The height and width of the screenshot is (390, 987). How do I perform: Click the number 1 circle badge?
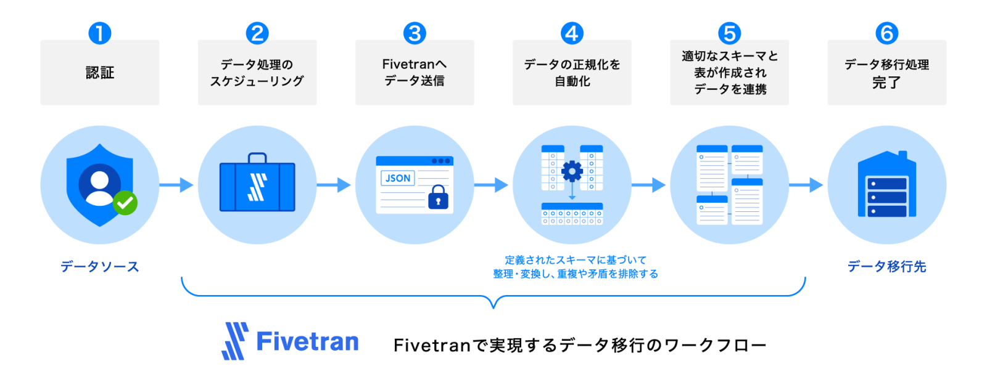[x=99, y=33]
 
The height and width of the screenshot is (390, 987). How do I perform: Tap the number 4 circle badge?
[x=572, y=33]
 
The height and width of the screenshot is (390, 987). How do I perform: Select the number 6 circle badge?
[x=886, y=33]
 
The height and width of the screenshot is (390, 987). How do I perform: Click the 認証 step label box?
[x=99, y=73]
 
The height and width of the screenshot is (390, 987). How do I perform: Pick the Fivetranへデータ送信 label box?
[x=415, y=73]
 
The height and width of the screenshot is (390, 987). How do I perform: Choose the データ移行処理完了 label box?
[x=886, y=73]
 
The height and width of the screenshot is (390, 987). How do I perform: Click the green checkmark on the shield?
[x=125, y=202]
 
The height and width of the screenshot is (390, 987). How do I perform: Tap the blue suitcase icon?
[x=257, y=186]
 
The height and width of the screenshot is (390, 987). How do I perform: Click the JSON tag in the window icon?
[x=398, y=178]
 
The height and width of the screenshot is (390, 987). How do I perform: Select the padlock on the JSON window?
[x=438, y=197]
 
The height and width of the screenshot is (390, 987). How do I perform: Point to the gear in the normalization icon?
[x=572, y=171]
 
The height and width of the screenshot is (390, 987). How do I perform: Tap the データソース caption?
[x=99, y=267]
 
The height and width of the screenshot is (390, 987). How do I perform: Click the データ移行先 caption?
[x=886, y=267]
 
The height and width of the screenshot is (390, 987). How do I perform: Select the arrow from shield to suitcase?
[x=177, y=185]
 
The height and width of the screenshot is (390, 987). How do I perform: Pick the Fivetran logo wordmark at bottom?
[x=307, y=341]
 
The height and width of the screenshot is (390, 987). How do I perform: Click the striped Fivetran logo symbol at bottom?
[x=235, y=341]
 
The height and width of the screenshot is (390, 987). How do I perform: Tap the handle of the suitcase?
[x=257, y=158]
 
